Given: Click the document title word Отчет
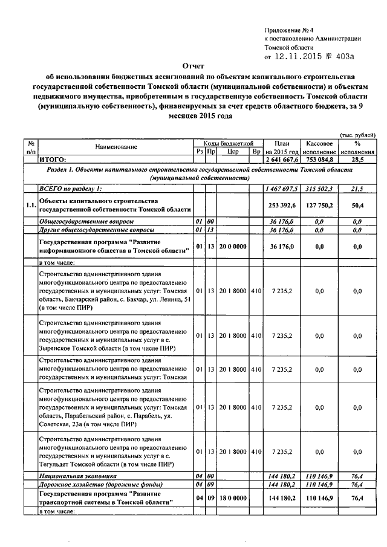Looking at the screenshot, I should (x=193, y=66).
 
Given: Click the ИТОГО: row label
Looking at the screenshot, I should (x=53, y=160).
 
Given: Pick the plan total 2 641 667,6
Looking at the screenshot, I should (x=282, y=160).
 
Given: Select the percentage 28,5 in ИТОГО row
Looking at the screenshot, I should (x=357, y=160).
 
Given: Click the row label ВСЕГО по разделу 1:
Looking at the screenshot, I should (x=71, y=189).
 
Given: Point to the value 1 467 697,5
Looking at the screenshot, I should (x=282, y=189).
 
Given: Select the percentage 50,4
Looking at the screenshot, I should (x=357, y=205).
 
